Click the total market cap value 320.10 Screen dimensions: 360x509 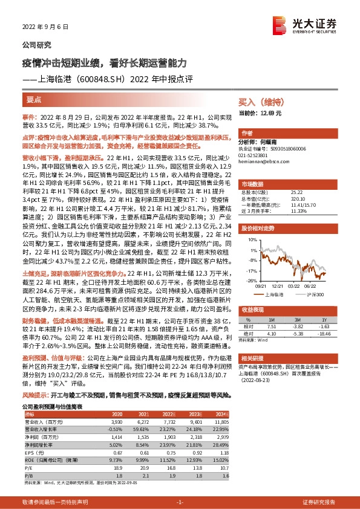coord(297,197)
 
